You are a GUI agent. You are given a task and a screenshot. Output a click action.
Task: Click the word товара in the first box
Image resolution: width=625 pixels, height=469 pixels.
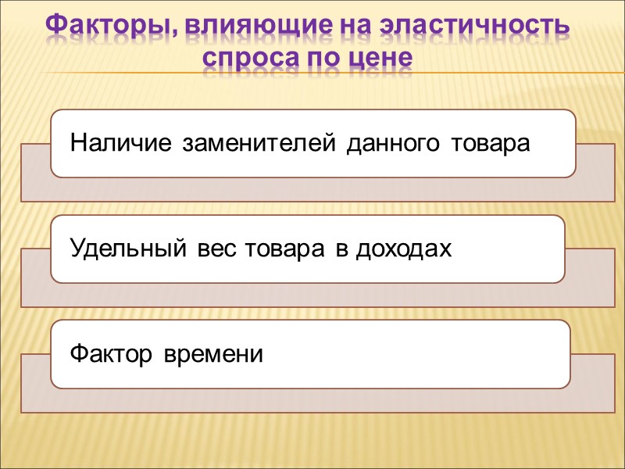click(491, 144)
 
